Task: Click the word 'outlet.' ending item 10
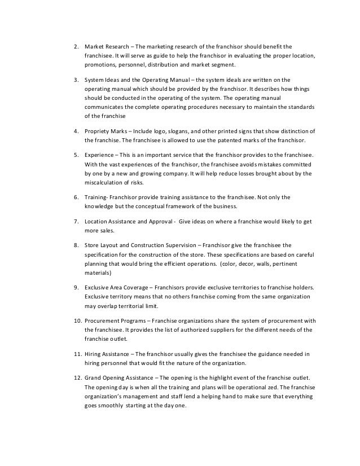click(x=118, y=339)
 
